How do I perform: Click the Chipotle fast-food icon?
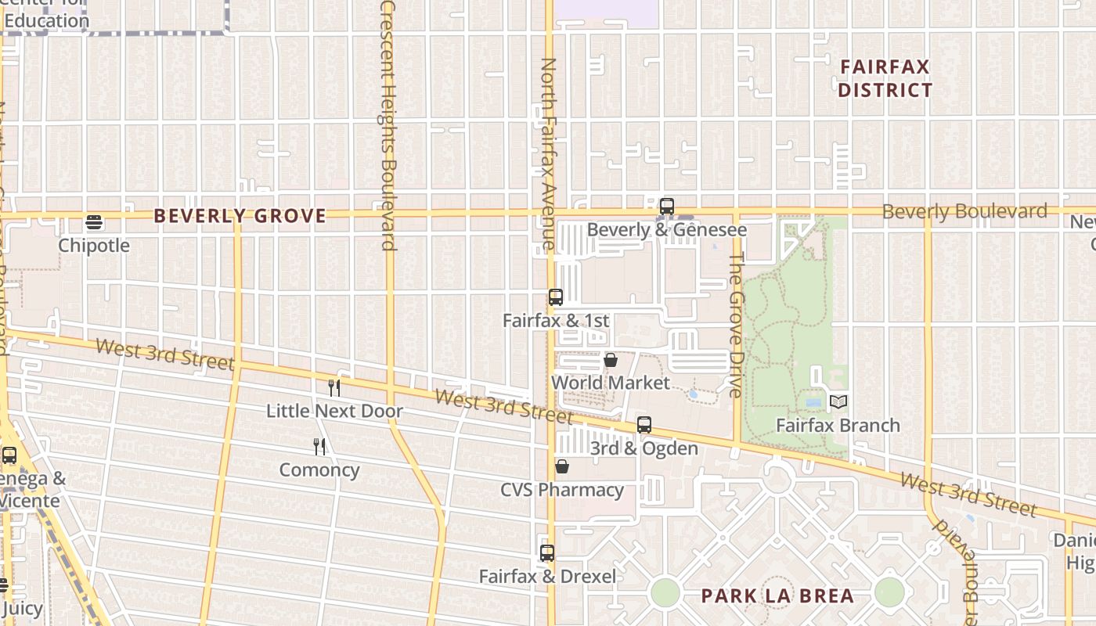coord(94,223)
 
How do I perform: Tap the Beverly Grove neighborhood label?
coord(240,216)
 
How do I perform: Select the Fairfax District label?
coord(885,78)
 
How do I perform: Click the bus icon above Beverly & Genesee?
coord(667,207)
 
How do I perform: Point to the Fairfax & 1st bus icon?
coord(556,297)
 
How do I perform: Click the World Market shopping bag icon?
coord(611,360)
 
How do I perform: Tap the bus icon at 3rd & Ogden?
coord(644,425)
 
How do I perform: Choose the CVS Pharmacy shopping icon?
coord(562,467)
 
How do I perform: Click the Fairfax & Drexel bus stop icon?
coord(547,553)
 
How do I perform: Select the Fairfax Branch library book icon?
coord(838,402)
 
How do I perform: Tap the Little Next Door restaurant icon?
coord(334,387)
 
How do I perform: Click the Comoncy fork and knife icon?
coord(319,447)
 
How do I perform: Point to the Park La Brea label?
coord(777,595)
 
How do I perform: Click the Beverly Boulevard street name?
coord(964,211)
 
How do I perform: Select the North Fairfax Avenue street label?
coord(548,153)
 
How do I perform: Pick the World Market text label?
coord(611,383)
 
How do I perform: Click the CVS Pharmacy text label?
coord(562,490)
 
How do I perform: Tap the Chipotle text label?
coord(94,246)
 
